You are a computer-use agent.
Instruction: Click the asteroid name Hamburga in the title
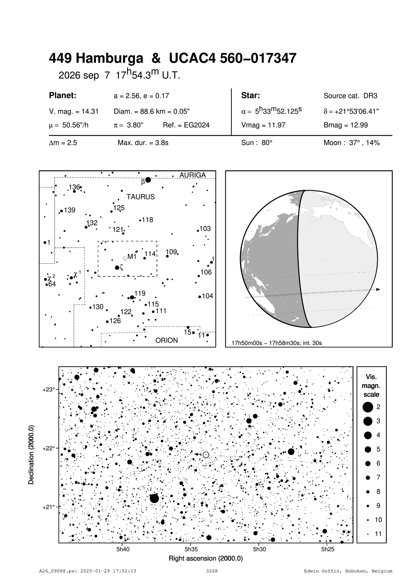110,59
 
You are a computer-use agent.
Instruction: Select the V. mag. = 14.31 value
73,111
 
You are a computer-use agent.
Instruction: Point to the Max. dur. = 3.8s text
143,143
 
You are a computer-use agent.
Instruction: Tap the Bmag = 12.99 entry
345,125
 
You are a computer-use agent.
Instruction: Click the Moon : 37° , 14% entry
351,143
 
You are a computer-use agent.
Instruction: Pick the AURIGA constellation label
193,175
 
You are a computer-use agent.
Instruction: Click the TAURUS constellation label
140,197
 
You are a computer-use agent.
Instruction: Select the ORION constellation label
167,340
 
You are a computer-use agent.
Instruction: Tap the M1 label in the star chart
132,256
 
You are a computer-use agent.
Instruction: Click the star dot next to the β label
148,180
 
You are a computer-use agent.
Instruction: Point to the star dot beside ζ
117,267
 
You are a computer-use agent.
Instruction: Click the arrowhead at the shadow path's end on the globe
378,290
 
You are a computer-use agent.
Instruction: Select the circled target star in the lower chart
206,455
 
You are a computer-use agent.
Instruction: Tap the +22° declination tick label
49,448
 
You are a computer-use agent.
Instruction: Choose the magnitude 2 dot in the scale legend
368,407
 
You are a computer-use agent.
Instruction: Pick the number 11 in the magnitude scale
378,534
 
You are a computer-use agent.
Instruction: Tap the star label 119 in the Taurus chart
140,293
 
